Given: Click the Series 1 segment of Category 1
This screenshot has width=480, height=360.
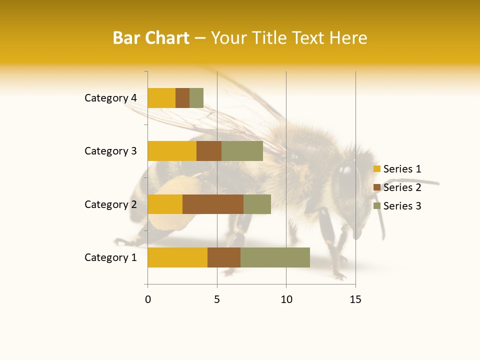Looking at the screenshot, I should click(177, 257).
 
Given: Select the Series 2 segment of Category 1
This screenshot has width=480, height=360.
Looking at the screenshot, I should click(224, 257).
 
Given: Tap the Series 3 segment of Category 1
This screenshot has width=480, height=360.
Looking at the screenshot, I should click(275, 257).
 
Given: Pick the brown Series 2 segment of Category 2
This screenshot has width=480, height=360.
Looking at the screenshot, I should click(213, 204).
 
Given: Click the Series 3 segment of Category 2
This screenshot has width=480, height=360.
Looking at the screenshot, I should click(257, 204).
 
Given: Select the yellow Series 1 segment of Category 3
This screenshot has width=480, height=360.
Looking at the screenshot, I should click(172, 151).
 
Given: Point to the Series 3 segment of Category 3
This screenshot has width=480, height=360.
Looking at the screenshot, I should click(242, 151).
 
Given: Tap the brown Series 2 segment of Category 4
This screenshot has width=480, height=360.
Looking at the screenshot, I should click(182, 98).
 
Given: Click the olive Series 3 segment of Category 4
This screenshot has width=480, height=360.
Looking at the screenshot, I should click(196, 98).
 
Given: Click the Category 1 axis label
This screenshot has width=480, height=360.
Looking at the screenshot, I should click(110, 257).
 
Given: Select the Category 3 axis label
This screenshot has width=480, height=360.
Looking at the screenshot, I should click(110, 151).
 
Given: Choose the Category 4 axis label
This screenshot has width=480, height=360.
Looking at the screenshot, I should click(110, 98).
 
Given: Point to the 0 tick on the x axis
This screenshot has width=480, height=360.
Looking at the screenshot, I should click(148, 299).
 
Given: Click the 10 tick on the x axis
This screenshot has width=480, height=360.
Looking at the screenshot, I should click(286, 299).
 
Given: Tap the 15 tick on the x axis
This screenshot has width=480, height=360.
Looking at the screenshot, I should click(355, 299).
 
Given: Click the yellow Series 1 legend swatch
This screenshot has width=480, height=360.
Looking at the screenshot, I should click(377, 169).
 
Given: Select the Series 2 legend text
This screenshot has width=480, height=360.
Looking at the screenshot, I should click(402, 187).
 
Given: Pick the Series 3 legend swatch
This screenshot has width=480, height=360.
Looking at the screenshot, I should click(377, 206).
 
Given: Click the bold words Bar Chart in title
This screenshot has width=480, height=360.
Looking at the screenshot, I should click(151, 38).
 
